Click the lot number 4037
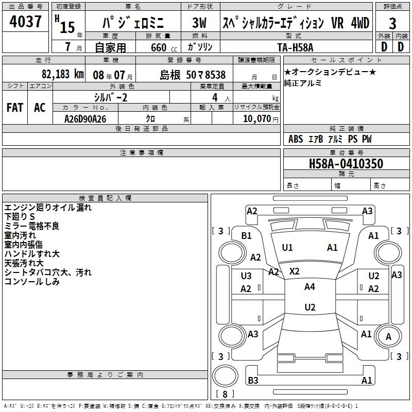coord(26,22)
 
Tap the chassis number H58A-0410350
coord(346,164)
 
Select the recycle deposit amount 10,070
coord(256,118)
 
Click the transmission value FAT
coord(15,107)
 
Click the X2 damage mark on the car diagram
coord(295,271)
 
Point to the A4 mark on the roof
coord(310,287)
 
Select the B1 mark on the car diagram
coord(247,235)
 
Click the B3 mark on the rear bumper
coord(253,381)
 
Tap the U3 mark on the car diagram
coord(246,276)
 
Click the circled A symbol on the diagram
coord(388,336)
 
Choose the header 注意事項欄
coord(141,153)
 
